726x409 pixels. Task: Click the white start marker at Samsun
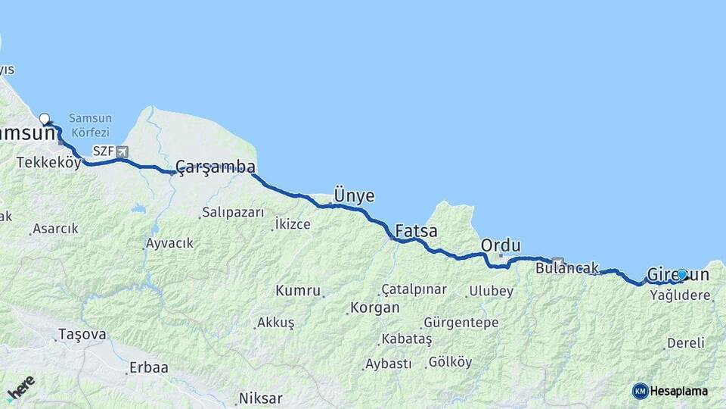[x=45, y=119]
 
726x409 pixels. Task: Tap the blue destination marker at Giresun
[x=682, y=274]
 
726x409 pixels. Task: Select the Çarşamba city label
[x=215, y=167]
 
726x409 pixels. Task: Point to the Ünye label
[x=354, y=195]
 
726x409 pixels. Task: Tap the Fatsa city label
[x=416, y=231]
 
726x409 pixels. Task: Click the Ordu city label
[x=501, y=245]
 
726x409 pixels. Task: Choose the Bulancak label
[x=566, y=267]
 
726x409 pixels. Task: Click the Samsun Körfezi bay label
[x=90, y=123]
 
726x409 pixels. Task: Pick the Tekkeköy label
[x=48, y=162]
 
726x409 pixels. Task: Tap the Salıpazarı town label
[x=232, y=213]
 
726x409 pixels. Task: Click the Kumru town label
[x=298, y=290]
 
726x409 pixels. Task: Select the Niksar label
[x=260, y=398]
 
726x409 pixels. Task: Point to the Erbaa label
[x=148, y=367]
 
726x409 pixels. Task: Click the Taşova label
[x=82, y=333]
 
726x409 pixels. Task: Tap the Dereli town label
[x=686, y=343]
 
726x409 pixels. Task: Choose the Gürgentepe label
[x=461, y=323]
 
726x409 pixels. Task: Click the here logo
[x=20, y=387]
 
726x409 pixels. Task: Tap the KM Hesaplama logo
[x=670, y=391]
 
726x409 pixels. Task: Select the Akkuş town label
[x=275, y=323]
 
